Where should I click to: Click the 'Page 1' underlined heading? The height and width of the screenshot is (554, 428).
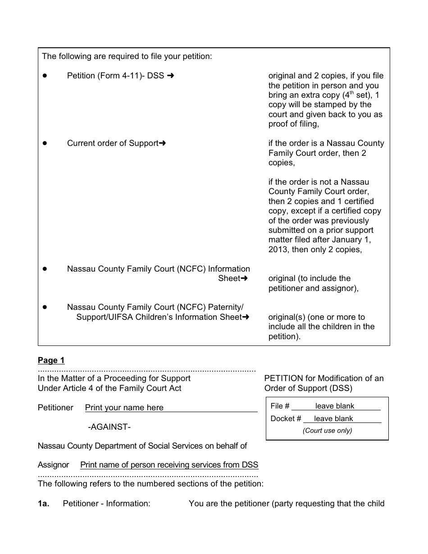coord(51,360)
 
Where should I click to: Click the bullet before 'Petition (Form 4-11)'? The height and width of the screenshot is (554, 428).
coord(45,76)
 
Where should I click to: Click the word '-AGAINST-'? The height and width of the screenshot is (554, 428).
coord(109,427)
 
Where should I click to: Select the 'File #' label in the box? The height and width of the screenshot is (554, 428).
coord(280,406)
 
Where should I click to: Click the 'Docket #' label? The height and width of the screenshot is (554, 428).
coord(286,419)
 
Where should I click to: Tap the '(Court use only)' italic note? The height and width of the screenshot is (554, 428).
coord(327,431)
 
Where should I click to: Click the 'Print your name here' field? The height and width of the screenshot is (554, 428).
coord(124,408)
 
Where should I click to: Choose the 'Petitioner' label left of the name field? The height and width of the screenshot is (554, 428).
coord(55,408)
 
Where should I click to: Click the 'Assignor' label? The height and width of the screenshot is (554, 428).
coord(53,465)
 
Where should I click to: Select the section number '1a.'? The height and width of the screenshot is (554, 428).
coord(43,504)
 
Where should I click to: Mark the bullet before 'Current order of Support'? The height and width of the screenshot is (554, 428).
coord(45,143)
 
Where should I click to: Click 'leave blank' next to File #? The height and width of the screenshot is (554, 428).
coord(334,406)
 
